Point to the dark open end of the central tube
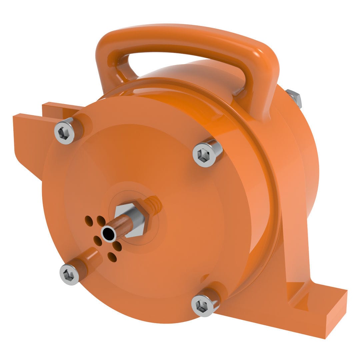[x=109, y=234]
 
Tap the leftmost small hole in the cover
[x=88, y=220]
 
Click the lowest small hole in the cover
[x=112, y=257]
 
